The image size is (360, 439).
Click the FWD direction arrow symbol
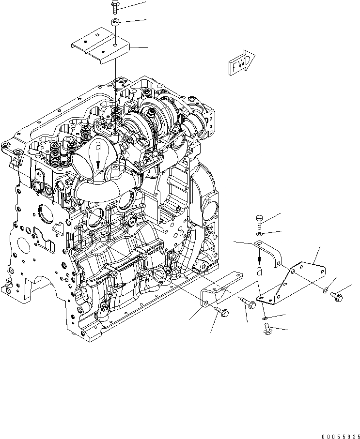point(240,62)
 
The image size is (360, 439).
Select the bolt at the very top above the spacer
point(114,6)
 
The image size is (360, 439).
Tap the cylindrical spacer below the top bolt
point(115,22)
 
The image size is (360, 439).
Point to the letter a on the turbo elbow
point(98,145)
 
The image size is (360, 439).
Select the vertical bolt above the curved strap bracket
point(259,223)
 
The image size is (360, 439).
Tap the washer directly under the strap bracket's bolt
point(260,235)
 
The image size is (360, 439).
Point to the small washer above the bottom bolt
point(264,318)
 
